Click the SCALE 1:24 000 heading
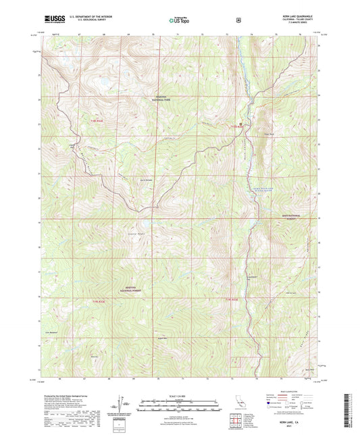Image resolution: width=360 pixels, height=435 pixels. coord(180,394)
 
